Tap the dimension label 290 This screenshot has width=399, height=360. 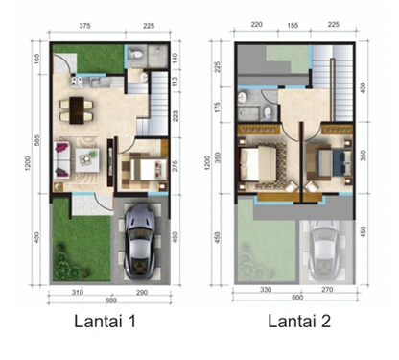point(140,290)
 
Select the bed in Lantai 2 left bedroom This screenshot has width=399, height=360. point(263,162)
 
